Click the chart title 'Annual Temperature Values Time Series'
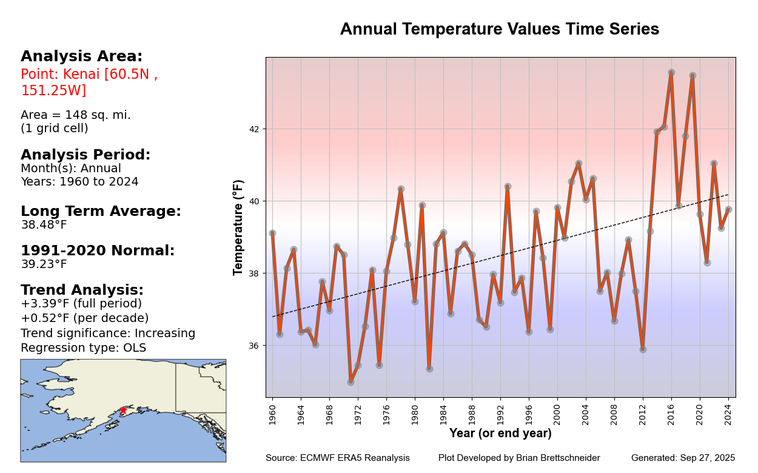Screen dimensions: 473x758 499,30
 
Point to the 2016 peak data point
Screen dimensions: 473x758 671,72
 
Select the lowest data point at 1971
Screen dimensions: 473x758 350,381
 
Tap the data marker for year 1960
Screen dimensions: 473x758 272,233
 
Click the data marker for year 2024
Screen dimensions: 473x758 728,209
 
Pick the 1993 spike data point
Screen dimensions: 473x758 508,186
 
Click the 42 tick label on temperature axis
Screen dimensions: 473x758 253,129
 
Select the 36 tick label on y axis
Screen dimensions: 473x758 253,346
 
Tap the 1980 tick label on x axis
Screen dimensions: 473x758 415,412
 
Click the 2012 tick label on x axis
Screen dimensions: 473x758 643,412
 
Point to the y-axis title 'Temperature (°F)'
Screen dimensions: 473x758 238,227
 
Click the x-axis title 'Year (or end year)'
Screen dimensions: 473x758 500,434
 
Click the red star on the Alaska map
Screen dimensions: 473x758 123,411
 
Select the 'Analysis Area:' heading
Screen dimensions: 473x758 81,56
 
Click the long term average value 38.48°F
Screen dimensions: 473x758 44,225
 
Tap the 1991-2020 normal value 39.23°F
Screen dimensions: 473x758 44,264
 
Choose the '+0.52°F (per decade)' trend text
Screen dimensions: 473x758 84,318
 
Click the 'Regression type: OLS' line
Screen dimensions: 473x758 83,347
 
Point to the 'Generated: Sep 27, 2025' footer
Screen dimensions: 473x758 683,458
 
